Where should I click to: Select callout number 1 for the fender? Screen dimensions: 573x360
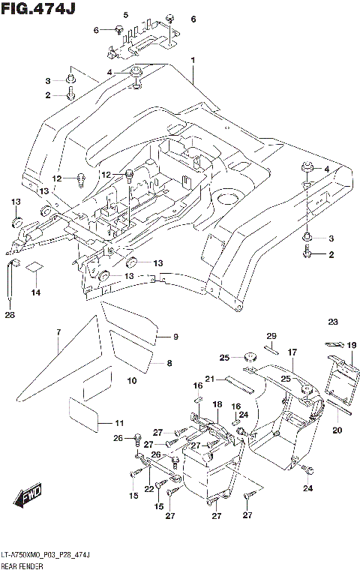(193, 60)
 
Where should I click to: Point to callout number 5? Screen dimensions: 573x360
(125, 16)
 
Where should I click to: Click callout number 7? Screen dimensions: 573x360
(58, 332)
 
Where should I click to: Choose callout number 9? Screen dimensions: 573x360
(176, 337)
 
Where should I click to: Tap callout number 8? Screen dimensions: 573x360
(169, 363)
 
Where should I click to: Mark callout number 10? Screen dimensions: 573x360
(132, 381)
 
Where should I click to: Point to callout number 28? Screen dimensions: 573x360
(10, 315)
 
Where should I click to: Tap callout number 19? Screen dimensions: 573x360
(350, 344)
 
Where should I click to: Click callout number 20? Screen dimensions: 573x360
(337, 430)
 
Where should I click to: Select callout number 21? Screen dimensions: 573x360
(211, 379)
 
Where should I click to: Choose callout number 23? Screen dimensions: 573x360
(332, 322)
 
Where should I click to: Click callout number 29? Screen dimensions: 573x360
(272, 335)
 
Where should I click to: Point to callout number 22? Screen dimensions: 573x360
(148, 488)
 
